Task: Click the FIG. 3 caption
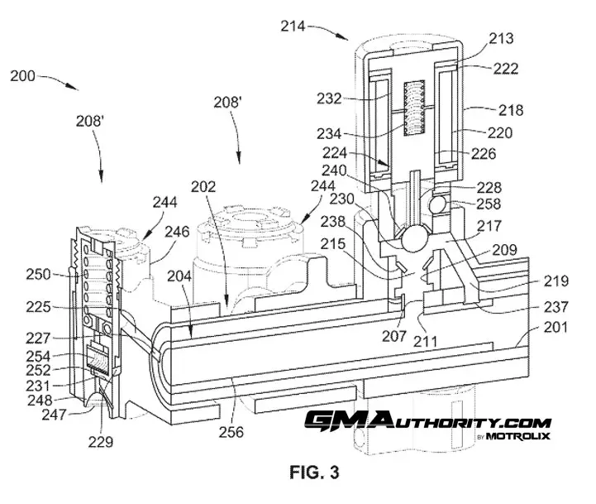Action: pos(314,473)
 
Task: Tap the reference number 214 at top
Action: pos(293,26)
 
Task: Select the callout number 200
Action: pos(22,76)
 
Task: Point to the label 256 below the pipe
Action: pos(231,432)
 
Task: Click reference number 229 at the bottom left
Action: pos(101,442)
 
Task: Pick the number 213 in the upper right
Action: pos(501,38)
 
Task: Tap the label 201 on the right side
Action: pos(555,327)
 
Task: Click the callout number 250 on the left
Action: pos(38,274)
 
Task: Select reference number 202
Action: pos(203,186)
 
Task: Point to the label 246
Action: pos(177,232)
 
